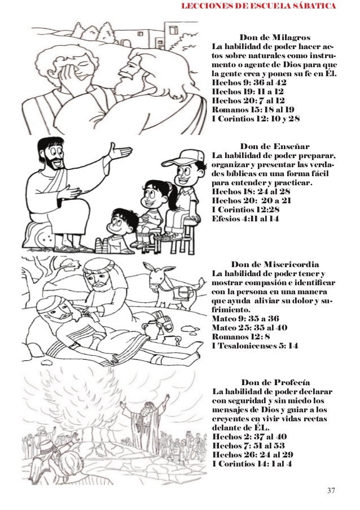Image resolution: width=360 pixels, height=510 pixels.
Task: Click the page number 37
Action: (331, 489)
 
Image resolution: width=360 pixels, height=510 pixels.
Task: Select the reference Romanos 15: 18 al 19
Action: (251, 110)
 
